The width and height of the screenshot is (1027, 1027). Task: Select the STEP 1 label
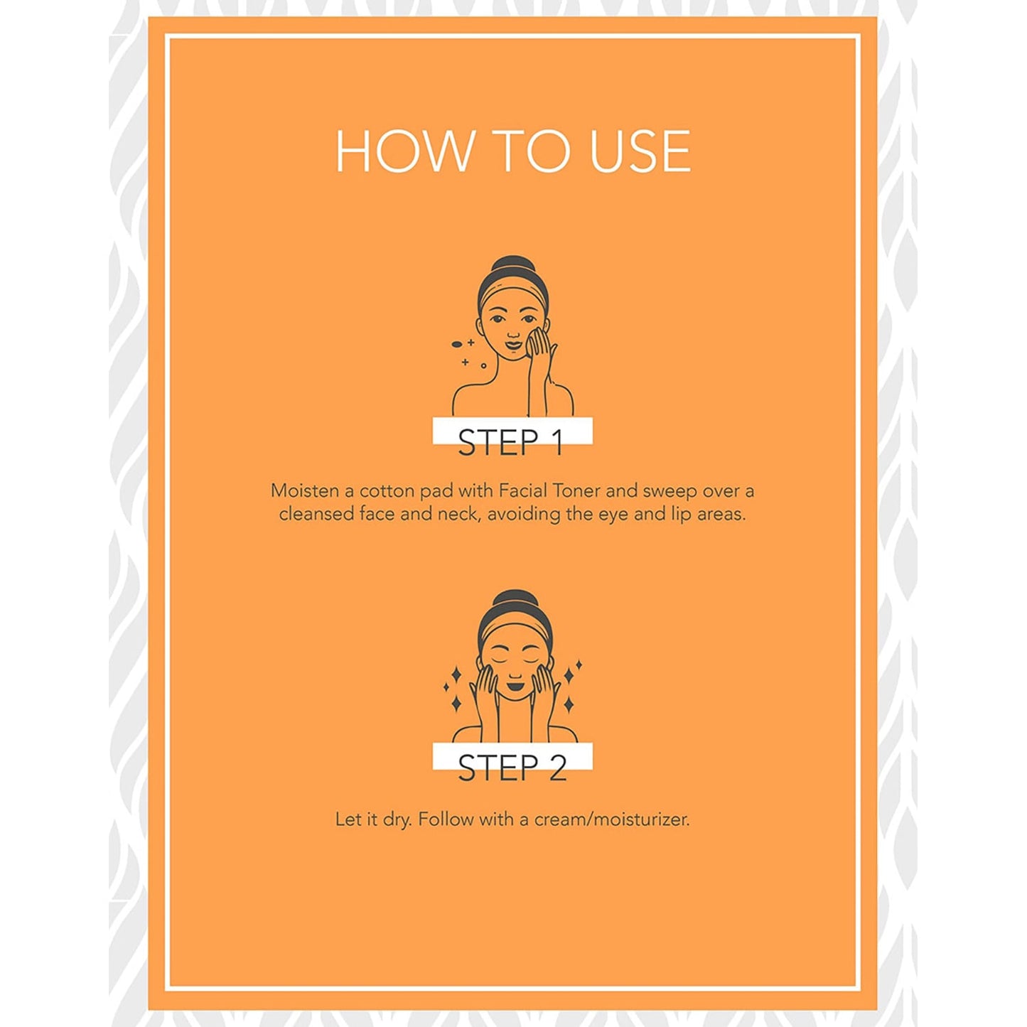coord(510,443)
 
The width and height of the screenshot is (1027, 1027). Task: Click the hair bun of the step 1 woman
coord(513,266)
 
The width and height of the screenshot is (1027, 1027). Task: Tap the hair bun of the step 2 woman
coord(514,601)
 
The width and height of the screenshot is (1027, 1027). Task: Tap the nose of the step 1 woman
coord(512,335)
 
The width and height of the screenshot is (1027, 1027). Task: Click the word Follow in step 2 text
coord(446,819)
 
